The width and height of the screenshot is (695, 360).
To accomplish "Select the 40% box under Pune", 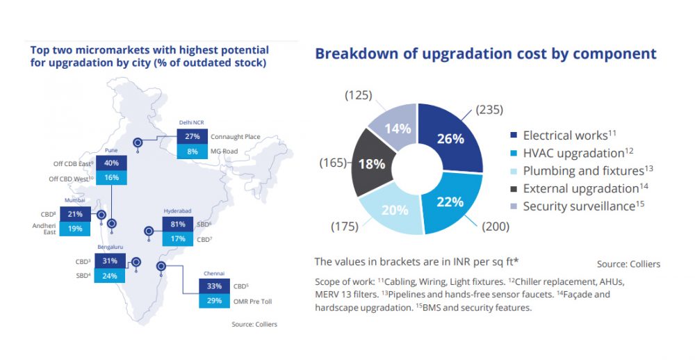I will pyautogui.click(x=111, y=163).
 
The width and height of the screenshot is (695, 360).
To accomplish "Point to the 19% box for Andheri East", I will pyautogui.click(x=75, y=228).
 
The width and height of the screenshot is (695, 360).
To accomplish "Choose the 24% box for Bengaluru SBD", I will pyautogui.click(x=110, y=275).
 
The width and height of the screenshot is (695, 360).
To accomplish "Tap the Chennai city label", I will pyautogui.click(x=215, y=274).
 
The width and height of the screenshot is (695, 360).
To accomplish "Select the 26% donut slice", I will pyautogui.click(x=450, y=138).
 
